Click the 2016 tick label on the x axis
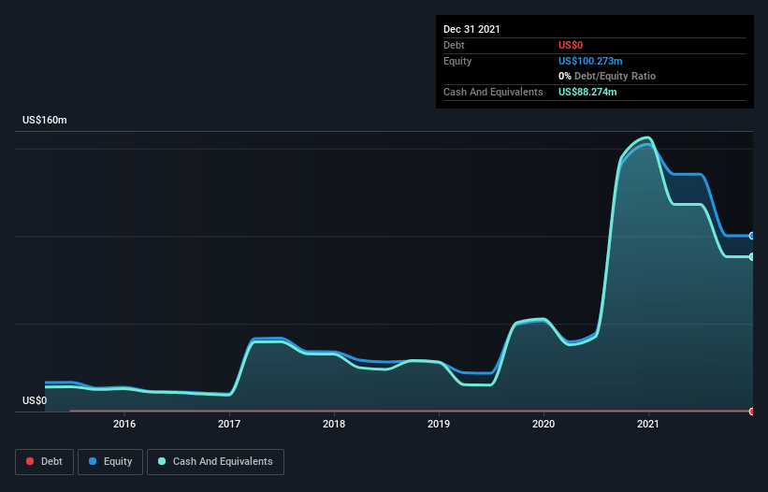124,424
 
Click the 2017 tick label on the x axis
229,424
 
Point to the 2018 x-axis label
334,424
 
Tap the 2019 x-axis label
439,424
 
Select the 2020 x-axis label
543,424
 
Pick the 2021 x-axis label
648,424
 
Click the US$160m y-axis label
45,121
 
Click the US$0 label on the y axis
35,400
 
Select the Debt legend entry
43,461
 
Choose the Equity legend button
110,461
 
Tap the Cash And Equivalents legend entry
215,461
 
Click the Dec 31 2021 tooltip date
471,29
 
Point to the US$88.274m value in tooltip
587,92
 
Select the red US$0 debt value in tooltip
572,45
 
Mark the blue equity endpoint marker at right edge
752,236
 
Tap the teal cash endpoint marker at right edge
752,256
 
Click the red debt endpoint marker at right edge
752,412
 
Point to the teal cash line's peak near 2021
645,137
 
